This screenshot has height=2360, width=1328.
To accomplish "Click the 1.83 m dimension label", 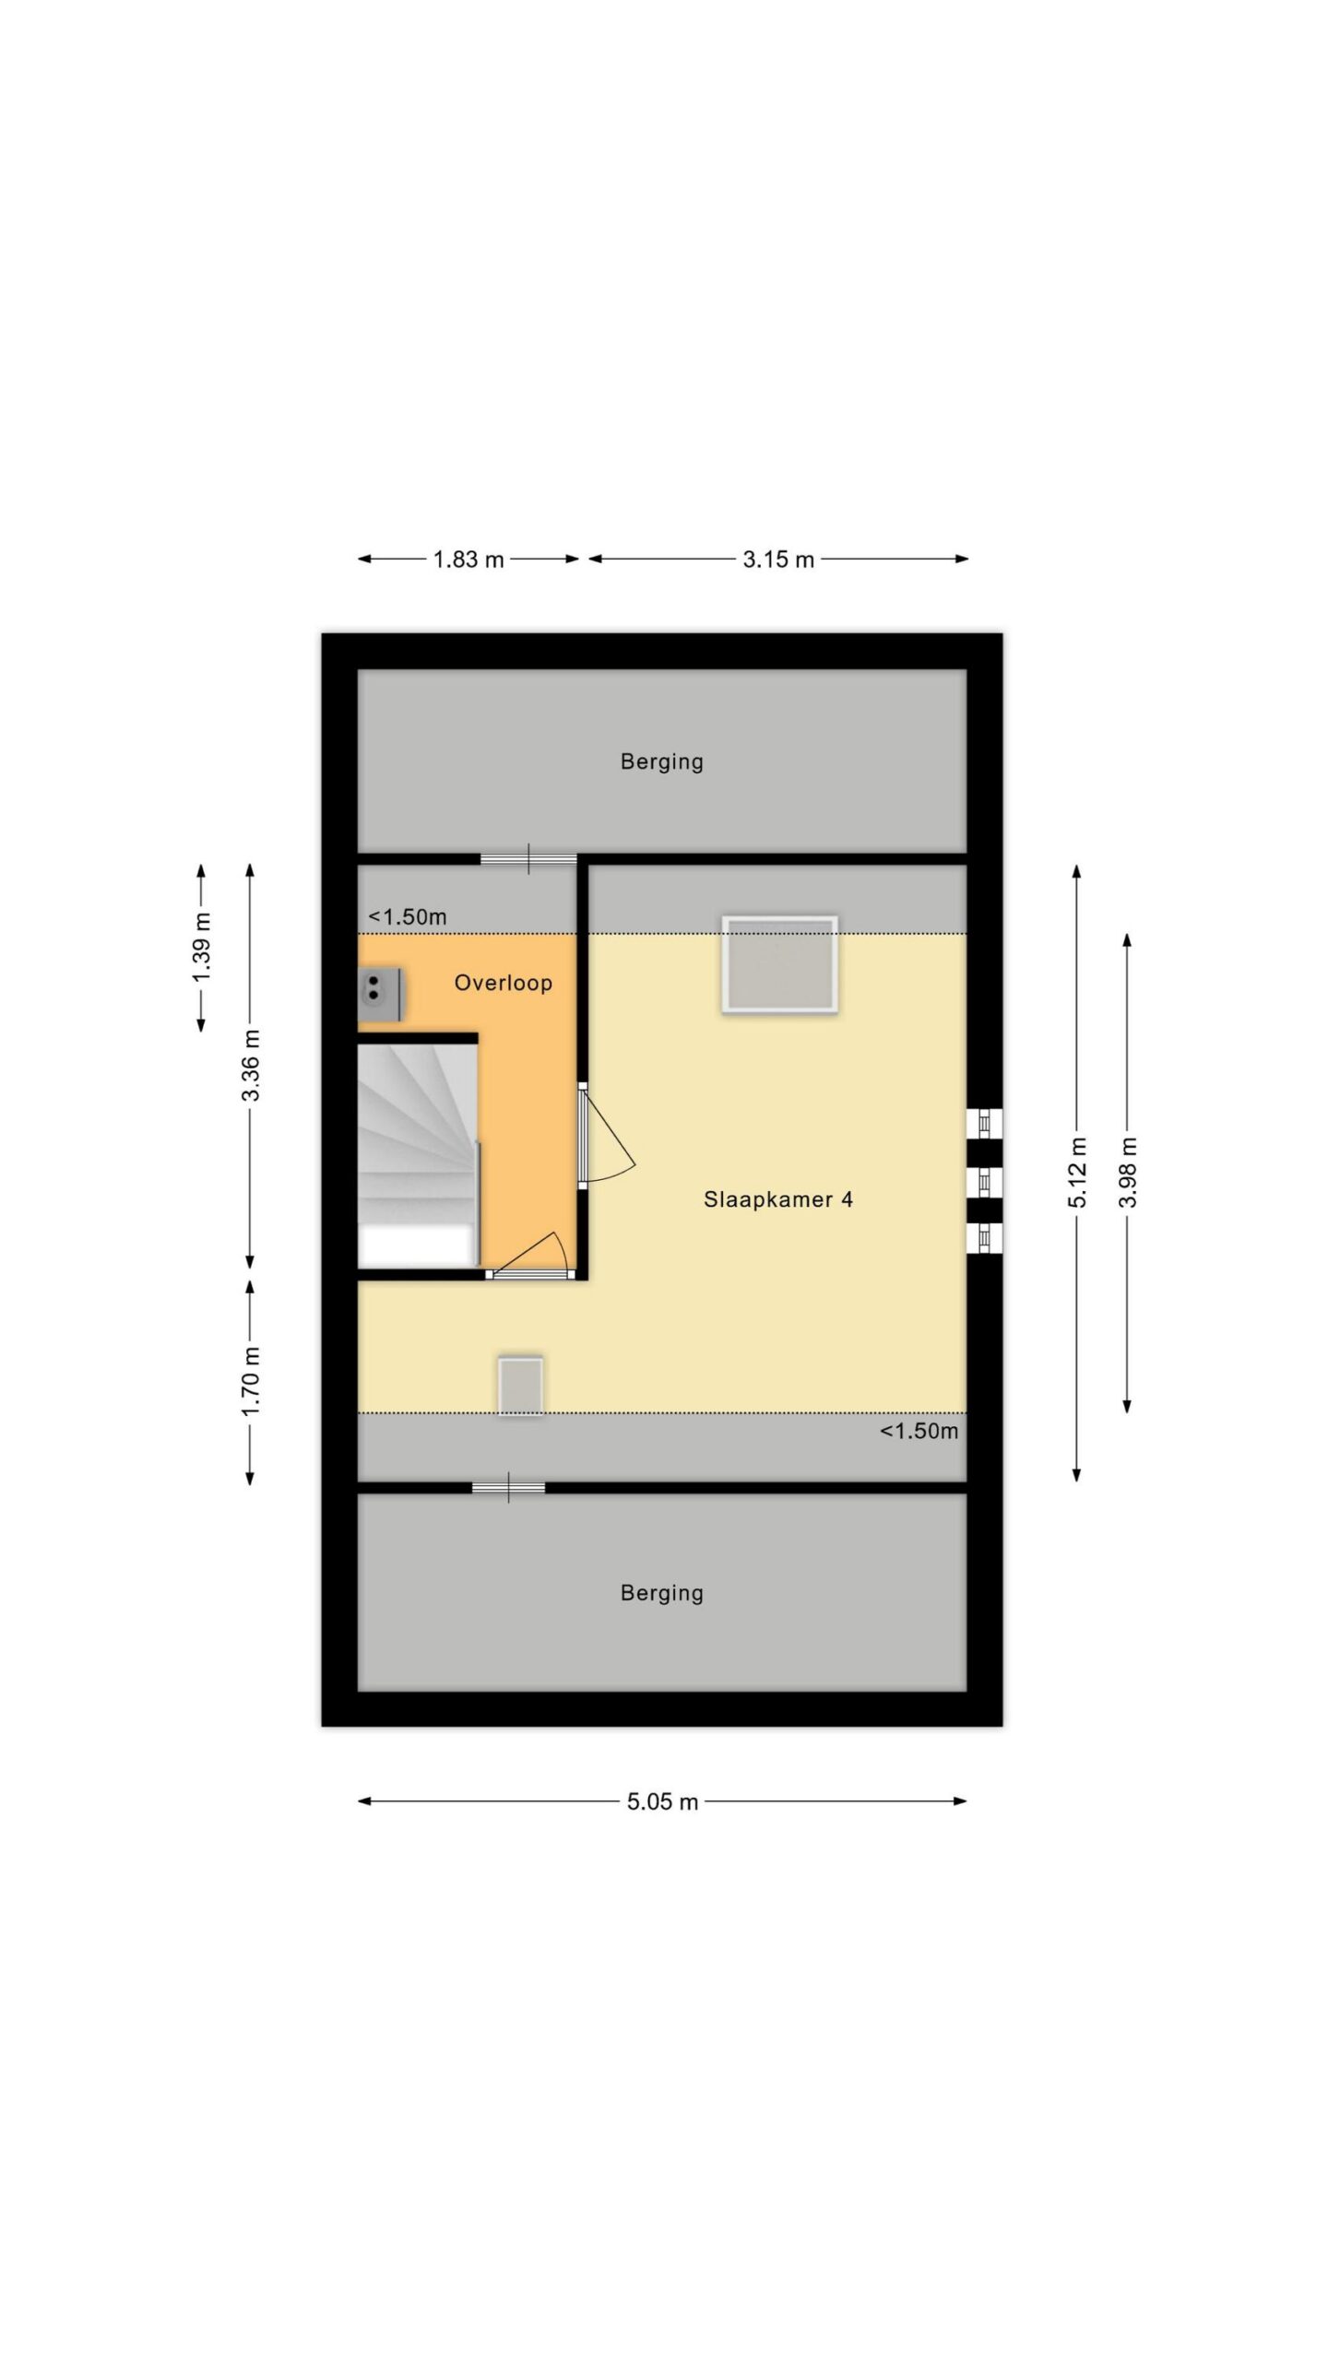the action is (468, 560).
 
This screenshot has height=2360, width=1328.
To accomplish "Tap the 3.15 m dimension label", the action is (778, 560).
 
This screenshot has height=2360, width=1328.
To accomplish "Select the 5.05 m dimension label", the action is (662, 1801).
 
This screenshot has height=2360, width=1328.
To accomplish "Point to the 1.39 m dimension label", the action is (202, 947).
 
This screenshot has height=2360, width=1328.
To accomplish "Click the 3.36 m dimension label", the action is (251, 1065).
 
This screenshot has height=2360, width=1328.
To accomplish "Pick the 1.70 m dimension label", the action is (251, 1381).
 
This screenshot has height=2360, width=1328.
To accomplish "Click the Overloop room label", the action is (503, 983).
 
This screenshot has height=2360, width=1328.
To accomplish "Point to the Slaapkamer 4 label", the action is (777, 1199).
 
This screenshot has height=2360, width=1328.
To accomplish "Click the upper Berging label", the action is (662, 761).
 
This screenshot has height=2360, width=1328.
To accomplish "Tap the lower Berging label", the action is (662, 1593).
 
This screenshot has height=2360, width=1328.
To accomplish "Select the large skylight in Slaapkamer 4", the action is (780, 965).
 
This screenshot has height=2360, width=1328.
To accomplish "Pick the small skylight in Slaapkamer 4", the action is (520, 1385).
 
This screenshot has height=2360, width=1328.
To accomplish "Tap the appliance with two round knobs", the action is (379, 994).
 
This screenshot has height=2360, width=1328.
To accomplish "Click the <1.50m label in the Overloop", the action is (408, 917).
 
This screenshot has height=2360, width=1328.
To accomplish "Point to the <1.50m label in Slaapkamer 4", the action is (919, 1432).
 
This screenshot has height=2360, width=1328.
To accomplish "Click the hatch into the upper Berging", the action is (528, 859).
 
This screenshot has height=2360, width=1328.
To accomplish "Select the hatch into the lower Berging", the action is (508, 1488).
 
